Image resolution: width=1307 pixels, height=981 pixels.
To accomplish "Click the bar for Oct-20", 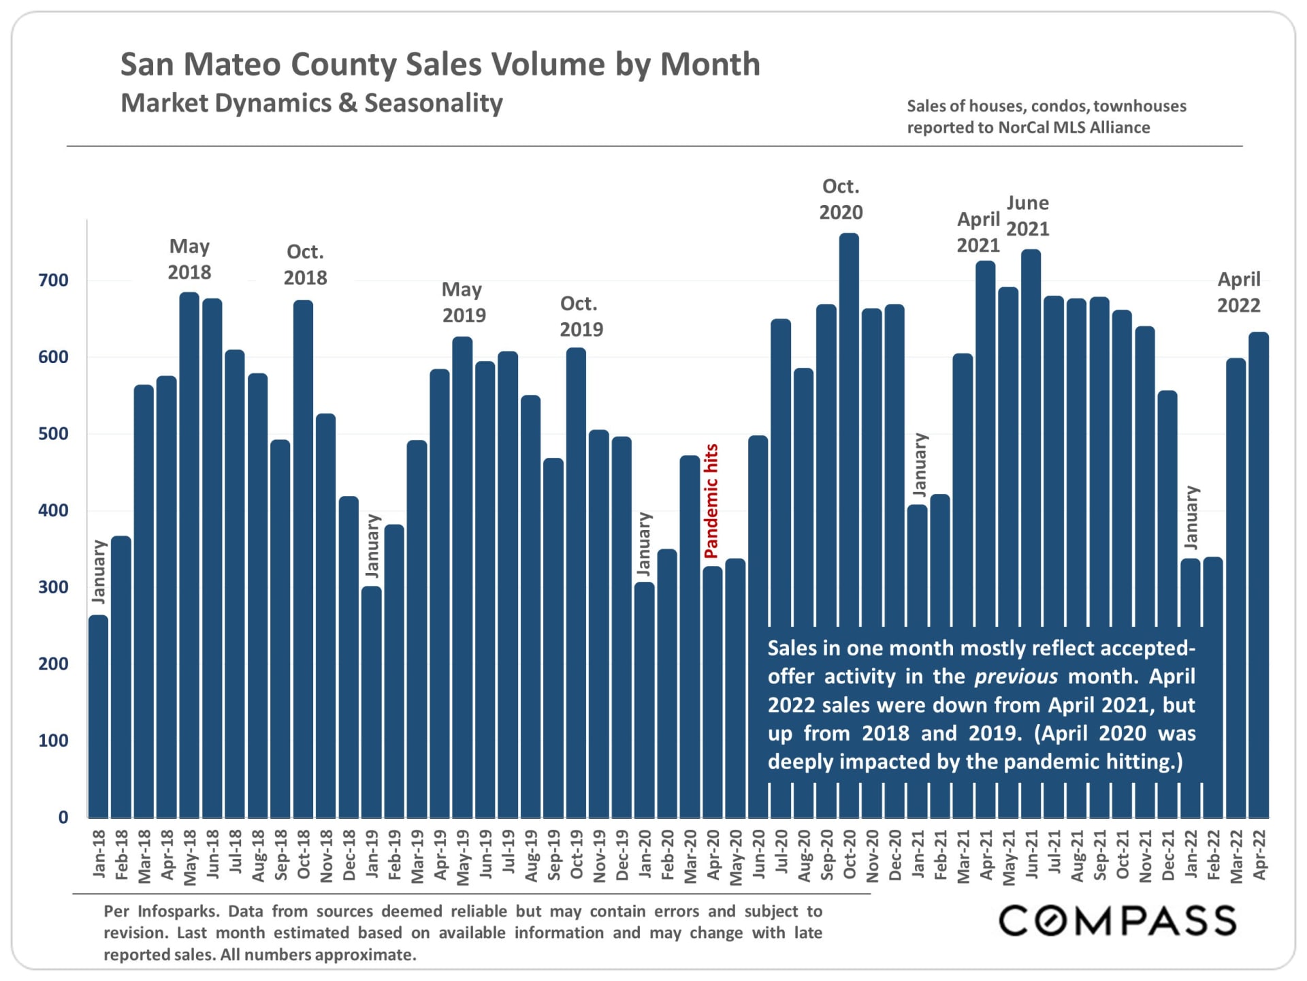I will tap(849, 429).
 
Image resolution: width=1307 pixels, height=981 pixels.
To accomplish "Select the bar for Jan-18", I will tap(99, 715).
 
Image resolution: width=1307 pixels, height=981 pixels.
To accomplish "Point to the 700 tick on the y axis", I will tap(53, 280).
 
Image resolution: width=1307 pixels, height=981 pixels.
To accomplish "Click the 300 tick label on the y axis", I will tap(53, 587).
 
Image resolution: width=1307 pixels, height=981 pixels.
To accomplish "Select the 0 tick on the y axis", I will tap(63, 817).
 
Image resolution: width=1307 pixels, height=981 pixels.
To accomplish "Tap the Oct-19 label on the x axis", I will tap(577, 855).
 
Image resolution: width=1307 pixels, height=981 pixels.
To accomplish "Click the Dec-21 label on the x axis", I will tap(1168, 855).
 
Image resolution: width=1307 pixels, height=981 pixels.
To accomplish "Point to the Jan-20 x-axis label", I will tap(645, 855).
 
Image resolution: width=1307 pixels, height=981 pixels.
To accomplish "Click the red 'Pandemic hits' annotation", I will tap(711, 501).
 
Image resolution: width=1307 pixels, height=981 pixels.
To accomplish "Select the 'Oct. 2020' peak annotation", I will tap(841, 200).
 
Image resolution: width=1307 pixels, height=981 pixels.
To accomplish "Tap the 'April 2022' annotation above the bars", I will tap(1239, 292).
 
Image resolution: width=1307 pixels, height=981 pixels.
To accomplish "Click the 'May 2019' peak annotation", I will tap(464, 302).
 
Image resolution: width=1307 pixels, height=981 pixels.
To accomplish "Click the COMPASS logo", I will tap(1117, 921).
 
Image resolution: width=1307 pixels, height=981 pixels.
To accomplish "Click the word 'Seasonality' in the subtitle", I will tap(434, 103).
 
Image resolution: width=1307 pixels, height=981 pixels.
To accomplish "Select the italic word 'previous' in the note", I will tap(1016, 676).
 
